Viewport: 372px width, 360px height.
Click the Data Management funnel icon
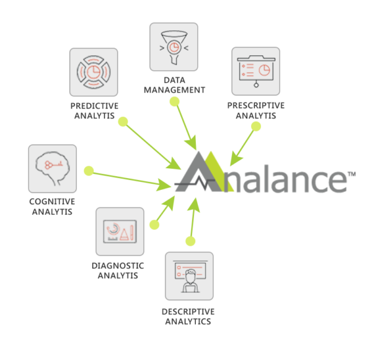[174, 47]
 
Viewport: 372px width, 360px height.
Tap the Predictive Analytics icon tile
[94, 72]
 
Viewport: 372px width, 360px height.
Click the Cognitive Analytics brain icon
[53, 168]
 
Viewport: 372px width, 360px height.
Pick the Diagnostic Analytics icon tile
[120, 232]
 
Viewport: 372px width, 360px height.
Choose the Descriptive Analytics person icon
[188, 276]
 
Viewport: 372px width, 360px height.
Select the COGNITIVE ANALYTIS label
[52, 206]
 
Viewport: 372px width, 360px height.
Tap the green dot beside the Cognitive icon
[89, 169]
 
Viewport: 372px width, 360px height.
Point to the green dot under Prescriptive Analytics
[255, 127]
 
